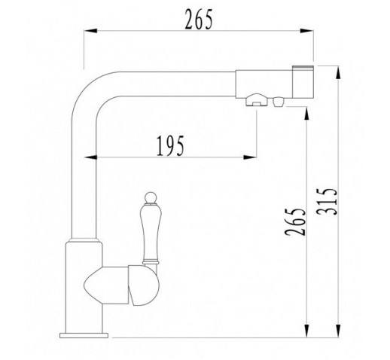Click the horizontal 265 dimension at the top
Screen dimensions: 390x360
pos(199,20)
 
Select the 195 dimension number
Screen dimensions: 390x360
pos(170,146)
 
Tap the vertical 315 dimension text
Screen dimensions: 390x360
pos(326,201)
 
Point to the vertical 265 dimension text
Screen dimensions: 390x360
pos(295,221)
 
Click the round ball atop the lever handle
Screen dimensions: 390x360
pos(151,197)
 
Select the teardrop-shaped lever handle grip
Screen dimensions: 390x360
pos(151,233)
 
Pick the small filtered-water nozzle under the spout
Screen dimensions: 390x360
pos(279,102)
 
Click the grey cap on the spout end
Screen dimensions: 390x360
pos(303,68)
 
